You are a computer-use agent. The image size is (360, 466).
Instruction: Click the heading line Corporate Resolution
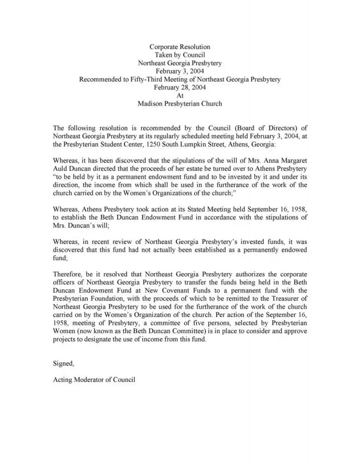tap(180, 47)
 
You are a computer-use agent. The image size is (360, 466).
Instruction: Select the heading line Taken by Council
tap(180, 55)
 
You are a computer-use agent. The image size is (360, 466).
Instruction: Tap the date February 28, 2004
tap(180, 87)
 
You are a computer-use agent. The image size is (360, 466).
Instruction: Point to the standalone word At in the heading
tap(180, 96)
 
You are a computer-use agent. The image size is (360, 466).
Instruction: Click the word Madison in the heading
tap(151, 104)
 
